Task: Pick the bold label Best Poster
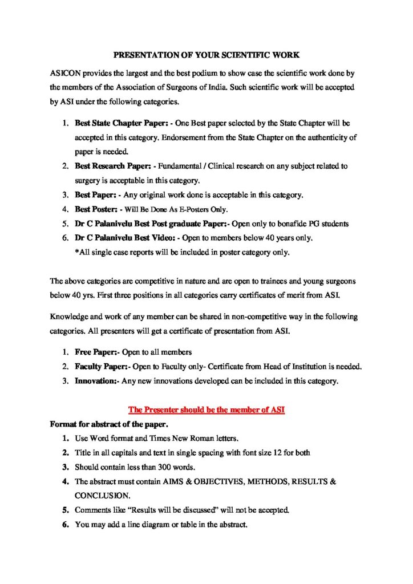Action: tap(95, 209)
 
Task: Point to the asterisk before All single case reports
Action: tap(76, 252)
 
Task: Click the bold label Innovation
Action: tap(96, 381)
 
